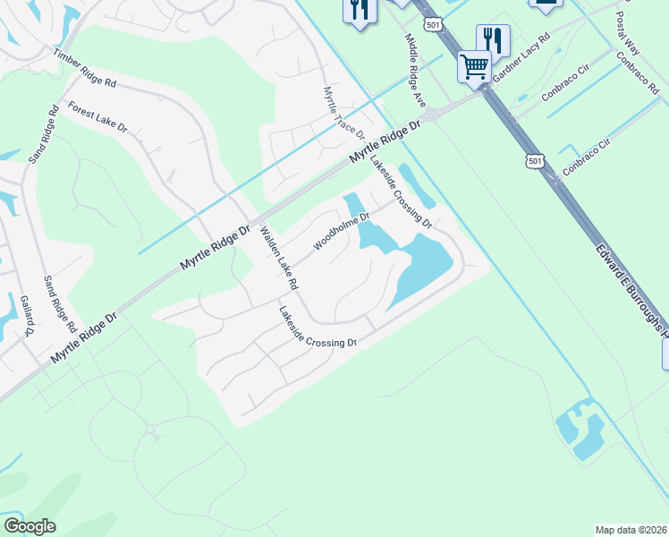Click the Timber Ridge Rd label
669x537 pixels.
coord(85,69)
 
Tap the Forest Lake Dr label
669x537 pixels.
coord(97,116)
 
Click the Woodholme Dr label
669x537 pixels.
coord(342,230)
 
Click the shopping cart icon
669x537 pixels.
coord(474,65)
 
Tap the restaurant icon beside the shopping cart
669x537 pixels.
coord(493,39)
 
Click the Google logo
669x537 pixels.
coord(30,526)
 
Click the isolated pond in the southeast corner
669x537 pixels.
coord(579,431)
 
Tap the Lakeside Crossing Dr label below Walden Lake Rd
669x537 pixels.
coord(318,328)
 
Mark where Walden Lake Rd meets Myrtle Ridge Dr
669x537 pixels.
coord(254,224)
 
